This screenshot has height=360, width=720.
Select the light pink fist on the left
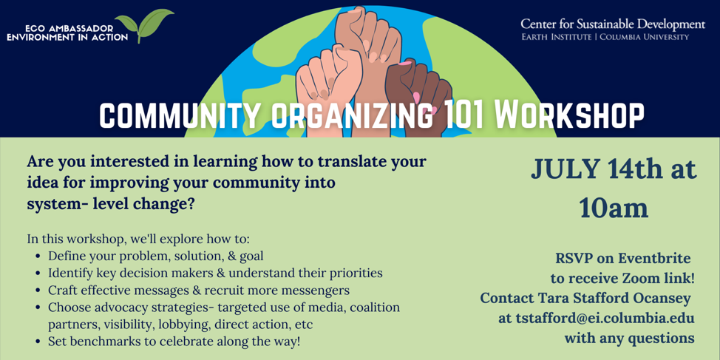click(322, 81)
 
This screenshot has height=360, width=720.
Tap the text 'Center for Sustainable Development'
click(612, 24)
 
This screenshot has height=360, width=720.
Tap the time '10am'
click(614, 208)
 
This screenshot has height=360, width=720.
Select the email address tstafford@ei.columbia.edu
click(596, 318)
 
